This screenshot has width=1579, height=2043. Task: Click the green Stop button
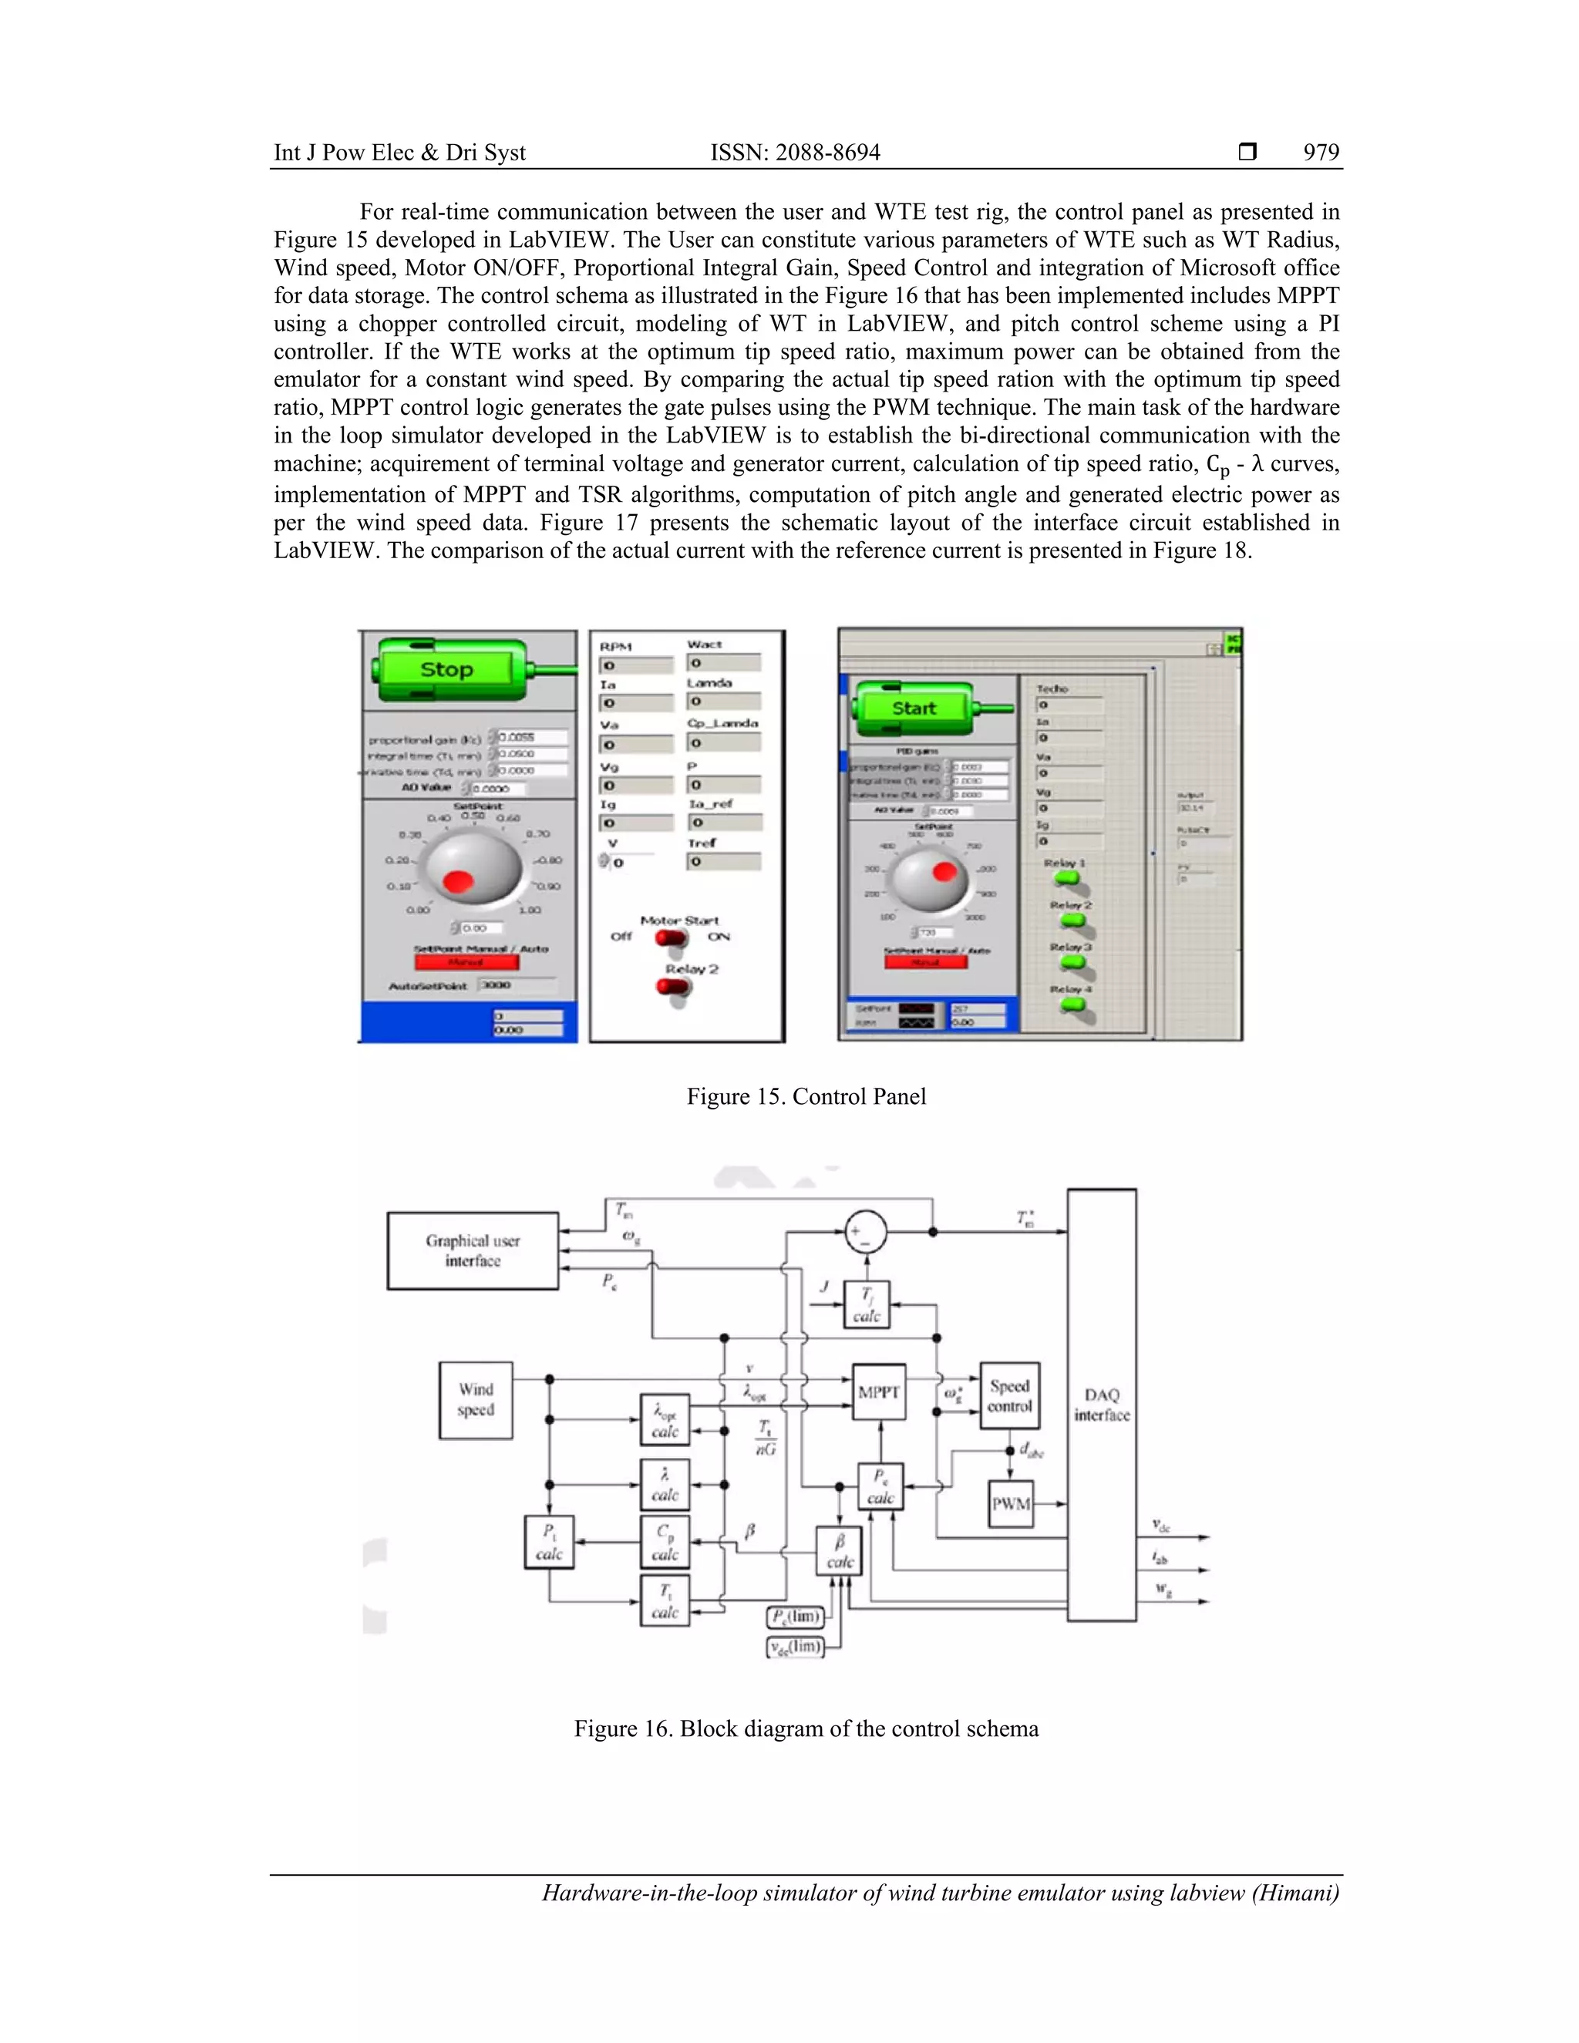tap(446, 669)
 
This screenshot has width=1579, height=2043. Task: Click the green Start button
tap(913, 708)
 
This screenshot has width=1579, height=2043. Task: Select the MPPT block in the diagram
tap(879, 1392)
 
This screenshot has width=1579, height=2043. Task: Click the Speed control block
tap(1009, 1395)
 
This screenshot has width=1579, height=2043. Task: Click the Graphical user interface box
tap(473, 1250)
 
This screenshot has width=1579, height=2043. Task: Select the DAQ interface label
tap(1101, 1404)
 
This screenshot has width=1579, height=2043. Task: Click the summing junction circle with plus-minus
tap(865, 1232)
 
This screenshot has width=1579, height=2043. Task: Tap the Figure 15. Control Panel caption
tap(806, 1096)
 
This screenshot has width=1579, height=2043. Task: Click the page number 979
tap(1321, 153)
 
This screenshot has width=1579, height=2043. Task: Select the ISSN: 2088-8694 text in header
tap(795, 153)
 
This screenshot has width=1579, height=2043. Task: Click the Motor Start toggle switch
tap(671, 937)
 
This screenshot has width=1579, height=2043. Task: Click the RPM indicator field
tap(635, 665)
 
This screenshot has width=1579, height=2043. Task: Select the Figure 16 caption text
tap(806, 1728)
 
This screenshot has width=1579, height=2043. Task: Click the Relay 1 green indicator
tap(1066, 878)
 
